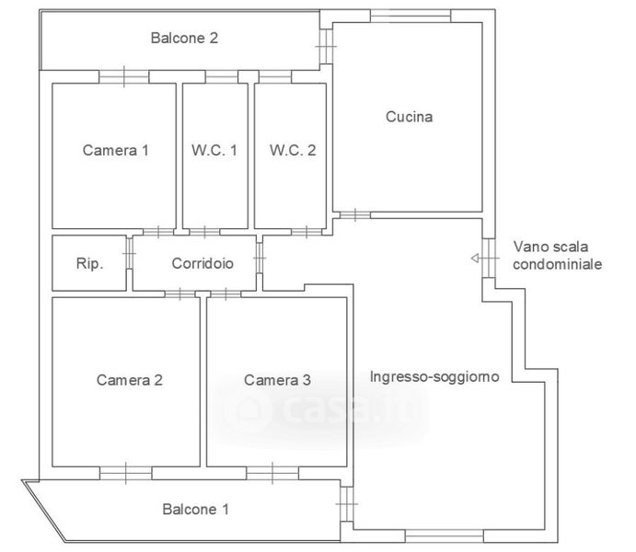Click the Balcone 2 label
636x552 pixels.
[184, 38]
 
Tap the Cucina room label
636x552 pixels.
[409, 117]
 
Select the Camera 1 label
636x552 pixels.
[116, 150]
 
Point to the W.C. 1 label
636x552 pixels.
[214, 150]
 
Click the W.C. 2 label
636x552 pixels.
[293, 150]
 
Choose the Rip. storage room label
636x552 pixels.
[89, 263]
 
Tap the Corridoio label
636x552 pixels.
[202, 263]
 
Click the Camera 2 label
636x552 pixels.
[130, 380]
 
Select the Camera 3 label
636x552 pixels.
[277, 380]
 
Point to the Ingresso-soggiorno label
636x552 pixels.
[434, 377]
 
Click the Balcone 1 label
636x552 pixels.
[195, 509]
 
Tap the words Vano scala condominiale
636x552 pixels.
[557, 256]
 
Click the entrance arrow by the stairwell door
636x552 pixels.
[480, 258]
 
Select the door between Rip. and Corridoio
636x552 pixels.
[130, 254]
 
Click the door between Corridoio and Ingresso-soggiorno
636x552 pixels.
[260, 258]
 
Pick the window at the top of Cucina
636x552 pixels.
[411, 17]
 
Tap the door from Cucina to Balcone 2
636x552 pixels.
[326, 46]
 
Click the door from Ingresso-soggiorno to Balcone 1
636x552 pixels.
[347, 504]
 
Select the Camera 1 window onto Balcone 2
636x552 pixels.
[124, 76]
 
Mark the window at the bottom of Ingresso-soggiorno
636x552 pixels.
[445, 535]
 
